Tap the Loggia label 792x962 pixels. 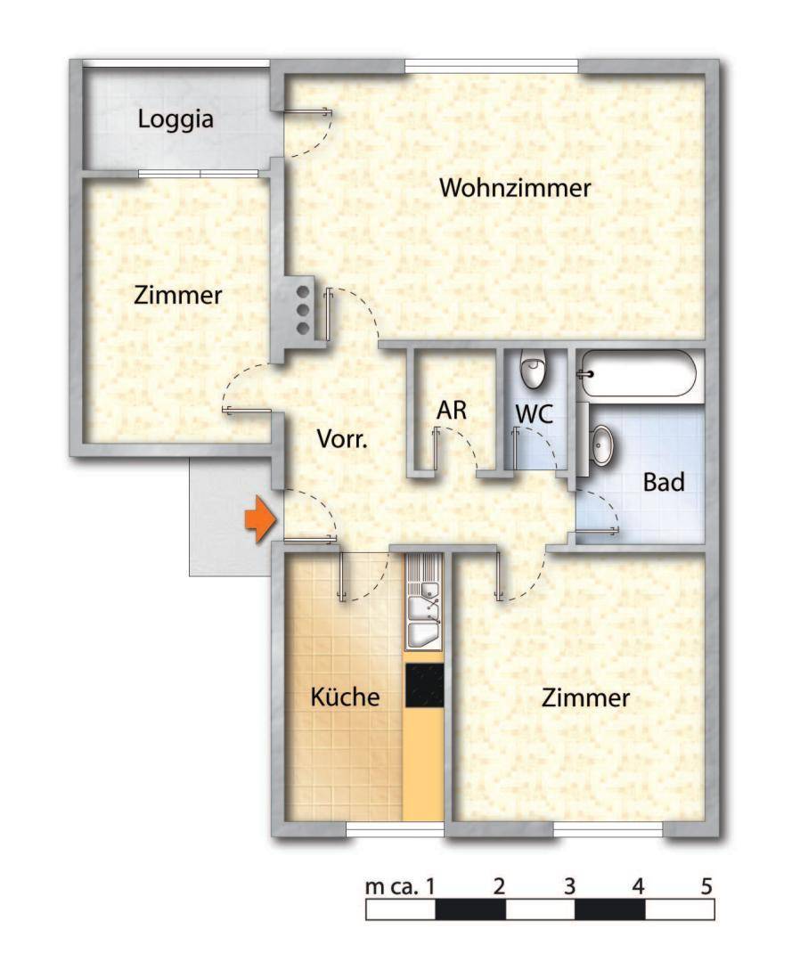[176, 118]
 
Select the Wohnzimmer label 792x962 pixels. [516, 189]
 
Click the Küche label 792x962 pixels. [345, 697]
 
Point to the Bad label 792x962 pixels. [664, 483]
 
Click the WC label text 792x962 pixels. [535, 413]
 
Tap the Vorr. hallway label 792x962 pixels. [343, 439]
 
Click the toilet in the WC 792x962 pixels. [534, 371]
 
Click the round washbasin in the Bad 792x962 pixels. [604, 445]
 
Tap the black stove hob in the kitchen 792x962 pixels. [424, 685]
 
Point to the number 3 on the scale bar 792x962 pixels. [568, 887]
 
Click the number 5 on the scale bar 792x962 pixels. [706, 887]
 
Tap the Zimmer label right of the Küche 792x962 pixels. [585, 698]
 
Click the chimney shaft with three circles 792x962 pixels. [302, 309]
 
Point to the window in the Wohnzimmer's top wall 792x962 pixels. [491, 64]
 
